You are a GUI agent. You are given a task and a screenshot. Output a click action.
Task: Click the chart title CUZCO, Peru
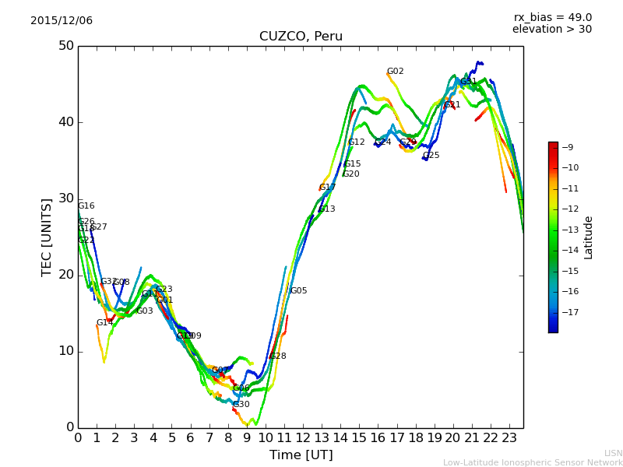301,37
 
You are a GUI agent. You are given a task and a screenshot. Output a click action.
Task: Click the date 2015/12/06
62,21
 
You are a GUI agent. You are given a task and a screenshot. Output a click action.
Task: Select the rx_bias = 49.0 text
553,17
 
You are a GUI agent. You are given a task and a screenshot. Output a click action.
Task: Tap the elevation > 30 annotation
552,30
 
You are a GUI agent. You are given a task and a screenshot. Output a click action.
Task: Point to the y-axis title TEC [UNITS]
47,237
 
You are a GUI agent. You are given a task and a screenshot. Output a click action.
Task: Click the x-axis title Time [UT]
301,455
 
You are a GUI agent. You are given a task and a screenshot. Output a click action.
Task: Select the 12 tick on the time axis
303,438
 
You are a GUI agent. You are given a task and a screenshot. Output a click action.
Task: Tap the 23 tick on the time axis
509,438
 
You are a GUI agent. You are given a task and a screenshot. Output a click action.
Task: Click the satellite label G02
396,72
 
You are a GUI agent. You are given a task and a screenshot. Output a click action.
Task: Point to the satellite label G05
299,291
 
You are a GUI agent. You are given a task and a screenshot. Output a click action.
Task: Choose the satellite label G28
278,356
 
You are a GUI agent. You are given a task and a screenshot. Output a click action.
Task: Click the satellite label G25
431,156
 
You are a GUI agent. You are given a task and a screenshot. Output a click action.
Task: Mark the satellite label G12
357,142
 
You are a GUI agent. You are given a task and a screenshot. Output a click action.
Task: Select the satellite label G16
86,206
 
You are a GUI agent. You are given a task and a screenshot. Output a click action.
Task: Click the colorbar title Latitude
589,237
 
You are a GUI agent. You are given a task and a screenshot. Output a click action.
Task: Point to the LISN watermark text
613,453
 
